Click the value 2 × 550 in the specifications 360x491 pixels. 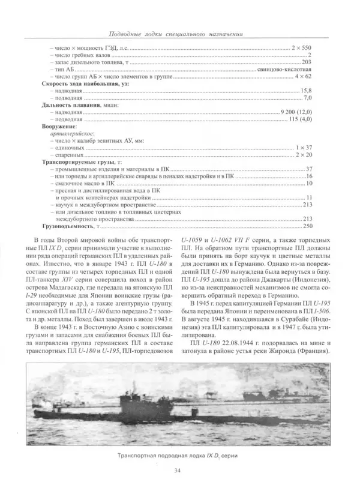301,47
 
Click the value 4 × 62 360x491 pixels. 304,77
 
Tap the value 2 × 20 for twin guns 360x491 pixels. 304,155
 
